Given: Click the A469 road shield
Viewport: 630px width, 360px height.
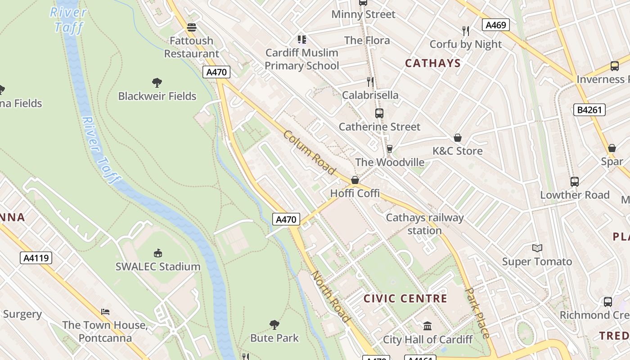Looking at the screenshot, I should click(x=496, y=25).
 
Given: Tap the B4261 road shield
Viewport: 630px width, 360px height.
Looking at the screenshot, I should click(x=589, y=110).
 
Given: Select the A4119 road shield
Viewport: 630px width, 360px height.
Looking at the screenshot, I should click(x=36, y=258).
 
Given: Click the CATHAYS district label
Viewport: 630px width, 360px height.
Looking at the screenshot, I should click(x=433, y=63).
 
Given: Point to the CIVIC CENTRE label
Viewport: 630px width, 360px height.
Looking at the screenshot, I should click(x=405, y=298).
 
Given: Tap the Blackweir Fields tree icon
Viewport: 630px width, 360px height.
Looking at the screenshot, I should click(x=157, y=82).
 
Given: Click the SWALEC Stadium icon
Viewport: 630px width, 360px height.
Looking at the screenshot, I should click(x=157, y=253).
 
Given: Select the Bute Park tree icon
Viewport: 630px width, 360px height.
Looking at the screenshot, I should click(x=274, y=324).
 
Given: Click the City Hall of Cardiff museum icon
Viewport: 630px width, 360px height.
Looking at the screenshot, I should click(x=427, y=326).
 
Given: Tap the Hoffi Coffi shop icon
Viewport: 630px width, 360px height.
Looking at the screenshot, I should click(x=355, y=180).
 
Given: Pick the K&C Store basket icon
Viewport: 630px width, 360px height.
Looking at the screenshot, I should click(x=458, y=138).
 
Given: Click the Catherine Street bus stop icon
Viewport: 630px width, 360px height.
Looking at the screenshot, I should click(x=379, y=113).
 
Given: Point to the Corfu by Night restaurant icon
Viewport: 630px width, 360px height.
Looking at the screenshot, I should click(x=466, y=31).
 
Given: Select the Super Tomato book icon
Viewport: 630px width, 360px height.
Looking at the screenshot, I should click(x=537, y=248).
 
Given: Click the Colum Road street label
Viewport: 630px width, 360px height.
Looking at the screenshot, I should click(x=310, y=153).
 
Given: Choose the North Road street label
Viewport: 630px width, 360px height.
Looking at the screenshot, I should click(x=331, y=297).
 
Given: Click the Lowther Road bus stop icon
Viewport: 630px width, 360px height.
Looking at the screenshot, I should click(x=574, y=182).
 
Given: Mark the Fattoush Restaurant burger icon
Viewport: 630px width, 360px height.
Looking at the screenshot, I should click(x=192, y=27).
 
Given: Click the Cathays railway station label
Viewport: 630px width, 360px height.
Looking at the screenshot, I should click(x=424, y=224).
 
